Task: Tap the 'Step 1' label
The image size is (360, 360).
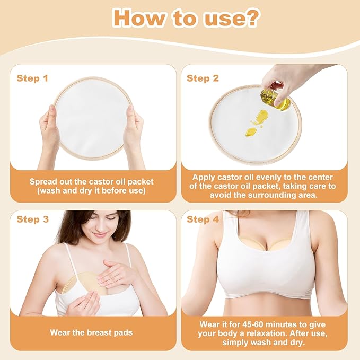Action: pos(32,78)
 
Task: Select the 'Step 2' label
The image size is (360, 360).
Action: pos(203,78)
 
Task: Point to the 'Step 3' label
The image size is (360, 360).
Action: pos(32,219)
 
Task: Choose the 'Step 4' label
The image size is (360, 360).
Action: pos(203,219)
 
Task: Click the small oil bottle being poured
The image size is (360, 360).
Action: pos(274,99)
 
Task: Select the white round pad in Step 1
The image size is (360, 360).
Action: pos(91,118)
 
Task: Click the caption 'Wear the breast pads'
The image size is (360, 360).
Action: pos(92,332)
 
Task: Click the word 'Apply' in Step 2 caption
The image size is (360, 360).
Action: pos(206,177)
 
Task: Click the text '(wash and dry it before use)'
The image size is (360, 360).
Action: pos(92,190)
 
